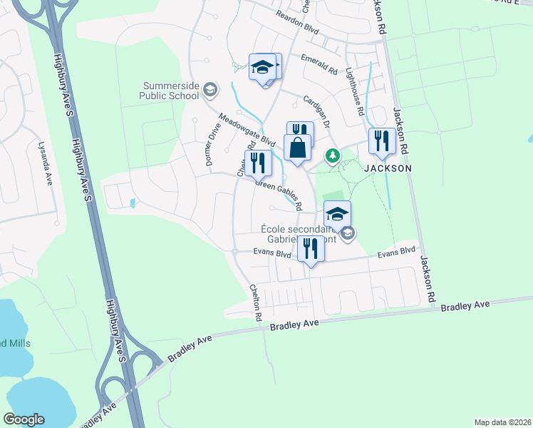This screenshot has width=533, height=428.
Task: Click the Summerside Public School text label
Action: click(x=171, y=90)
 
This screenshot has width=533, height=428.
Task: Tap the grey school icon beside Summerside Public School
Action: click(x=209, y=90)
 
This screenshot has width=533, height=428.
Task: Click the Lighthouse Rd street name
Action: click(x=354, y=91)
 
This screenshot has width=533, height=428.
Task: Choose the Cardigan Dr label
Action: click(x=317, y=111)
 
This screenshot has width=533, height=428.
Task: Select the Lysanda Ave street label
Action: click(x=45, y=163)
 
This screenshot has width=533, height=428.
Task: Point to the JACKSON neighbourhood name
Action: click(x=388, y=168)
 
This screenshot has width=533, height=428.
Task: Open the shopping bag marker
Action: click(x=298, y=148)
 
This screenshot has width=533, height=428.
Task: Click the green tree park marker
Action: click(x=331, y=155)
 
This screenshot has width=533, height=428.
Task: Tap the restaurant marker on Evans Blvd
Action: click(x=310, y=249)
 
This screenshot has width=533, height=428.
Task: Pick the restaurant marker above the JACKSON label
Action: click(x=381, y=141)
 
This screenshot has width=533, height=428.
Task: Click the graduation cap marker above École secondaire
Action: click(x=337, y=213)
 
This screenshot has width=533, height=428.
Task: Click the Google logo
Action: click(x=24, y=419)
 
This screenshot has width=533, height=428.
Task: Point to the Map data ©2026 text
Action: click(x=502, y=422)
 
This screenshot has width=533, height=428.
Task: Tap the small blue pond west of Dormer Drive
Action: click(x=133, y=203)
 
